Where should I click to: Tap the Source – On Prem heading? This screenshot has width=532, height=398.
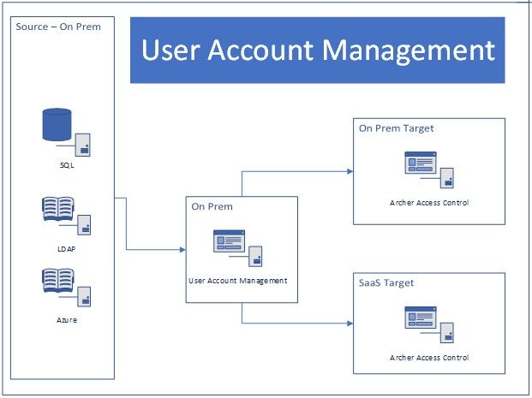pos(58,27)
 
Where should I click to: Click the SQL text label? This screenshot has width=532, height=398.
pos(67,165)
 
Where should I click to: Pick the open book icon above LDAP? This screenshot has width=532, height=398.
pos(57,211)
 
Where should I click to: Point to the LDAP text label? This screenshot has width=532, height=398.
pos(67,249)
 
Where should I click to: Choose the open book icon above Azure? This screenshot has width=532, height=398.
pos(57,282)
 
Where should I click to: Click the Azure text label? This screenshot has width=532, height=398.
pos(67,318)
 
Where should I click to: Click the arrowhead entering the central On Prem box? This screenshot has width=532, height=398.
pos(182,250)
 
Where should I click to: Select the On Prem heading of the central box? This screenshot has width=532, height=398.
pos(212,206)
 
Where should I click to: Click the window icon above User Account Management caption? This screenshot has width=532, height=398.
pos(229,241)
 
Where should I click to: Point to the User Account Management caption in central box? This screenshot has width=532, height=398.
pos(237,280)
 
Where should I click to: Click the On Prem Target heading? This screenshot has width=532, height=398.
pos(396,128)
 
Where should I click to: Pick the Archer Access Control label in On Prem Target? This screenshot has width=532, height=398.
pos(429,203)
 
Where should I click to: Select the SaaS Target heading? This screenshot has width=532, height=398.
pos(386,282)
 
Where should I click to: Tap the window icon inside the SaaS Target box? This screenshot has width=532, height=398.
pos(421,318)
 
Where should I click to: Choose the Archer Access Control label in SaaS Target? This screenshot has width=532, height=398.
pos(429,357)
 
